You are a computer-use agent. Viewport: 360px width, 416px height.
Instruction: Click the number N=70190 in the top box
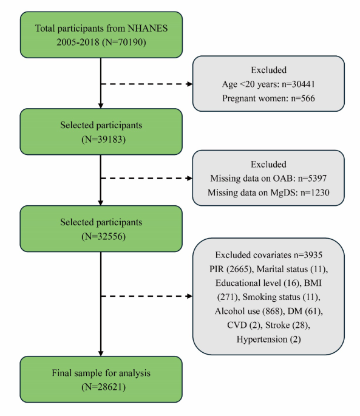click(x=124, y=42)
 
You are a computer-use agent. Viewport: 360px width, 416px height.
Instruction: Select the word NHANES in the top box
click(x=148, y=28)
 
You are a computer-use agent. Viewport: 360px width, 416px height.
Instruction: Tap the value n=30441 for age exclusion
click(x=298, y=84)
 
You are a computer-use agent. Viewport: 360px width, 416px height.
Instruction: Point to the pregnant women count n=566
click(x=303, y=98)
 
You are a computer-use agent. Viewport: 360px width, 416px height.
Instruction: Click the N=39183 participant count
click(x=103, y=139)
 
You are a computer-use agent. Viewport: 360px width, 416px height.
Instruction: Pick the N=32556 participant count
click(x=103, y=236)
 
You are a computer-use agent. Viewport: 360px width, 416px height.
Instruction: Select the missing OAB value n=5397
click(x=312, y=179)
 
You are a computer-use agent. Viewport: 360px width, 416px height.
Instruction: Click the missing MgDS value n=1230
click(x=315, y=193)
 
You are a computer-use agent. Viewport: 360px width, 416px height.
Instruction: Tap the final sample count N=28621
click(x=103, y=387)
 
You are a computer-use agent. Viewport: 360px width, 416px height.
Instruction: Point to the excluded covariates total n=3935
click(x=308, y=255)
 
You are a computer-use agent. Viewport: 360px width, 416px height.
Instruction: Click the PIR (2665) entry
click(x=231, y=269)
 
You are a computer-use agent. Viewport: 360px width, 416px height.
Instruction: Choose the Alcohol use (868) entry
click(x=249, y=311)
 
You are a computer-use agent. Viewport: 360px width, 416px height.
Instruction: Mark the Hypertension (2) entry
click(x=268, y=339)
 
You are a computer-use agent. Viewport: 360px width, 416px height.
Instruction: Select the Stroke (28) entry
click(x=288, y=326)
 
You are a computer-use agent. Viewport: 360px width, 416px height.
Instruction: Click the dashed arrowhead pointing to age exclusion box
click(x=189, y=84)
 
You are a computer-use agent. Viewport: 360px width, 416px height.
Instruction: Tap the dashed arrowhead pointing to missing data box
click(x=189, y=179)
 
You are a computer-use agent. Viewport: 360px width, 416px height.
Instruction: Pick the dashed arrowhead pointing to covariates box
click(x=189, y=296)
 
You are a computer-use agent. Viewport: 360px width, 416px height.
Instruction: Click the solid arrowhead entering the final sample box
click(x=101, y=353)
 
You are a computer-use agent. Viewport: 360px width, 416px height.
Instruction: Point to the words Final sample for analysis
click(x=101, y=373)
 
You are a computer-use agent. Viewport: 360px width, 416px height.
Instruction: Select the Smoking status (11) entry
click(x=281, y=297)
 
